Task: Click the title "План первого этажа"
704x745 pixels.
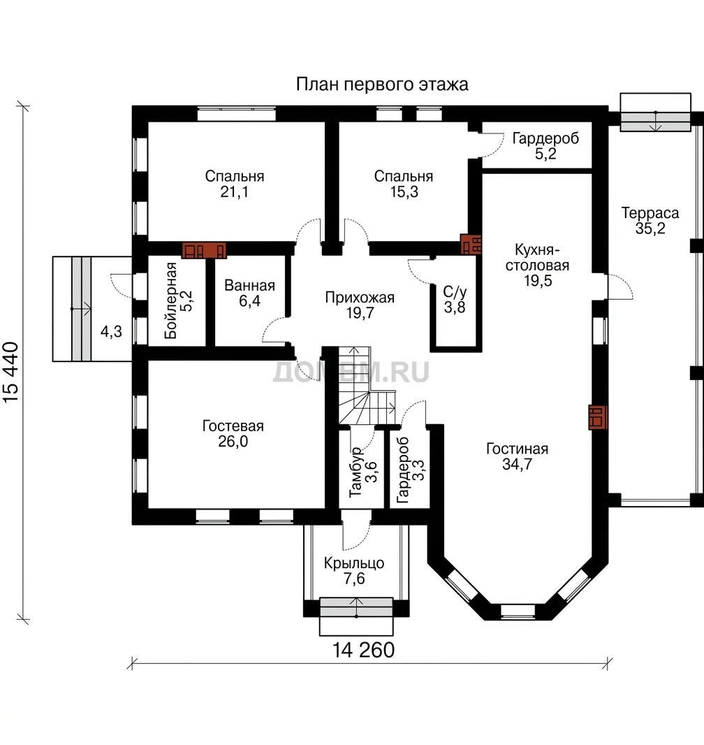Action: pyautogui.click(x=382, y=85)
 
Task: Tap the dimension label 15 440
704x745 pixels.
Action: pyautogui.click(x=11, y=372)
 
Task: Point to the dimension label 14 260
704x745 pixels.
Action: pyautogui.click(x=363, y=650)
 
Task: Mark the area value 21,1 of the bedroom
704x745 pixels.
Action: pyautogui.click(x=235, y=192)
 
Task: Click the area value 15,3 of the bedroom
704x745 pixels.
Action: pyautogui.click(x=404, y=192)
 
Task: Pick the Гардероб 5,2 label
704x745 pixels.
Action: pyautogui.click(x=545, y=146)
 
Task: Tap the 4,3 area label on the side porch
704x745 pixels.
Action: pyautogui.click(x=111, y=332)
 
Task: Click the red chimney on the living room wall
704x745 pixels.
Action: pyautogui.click(x=598, y=417)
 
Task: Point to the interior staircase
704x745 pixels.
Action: pyautogui.click(x=367, y=385)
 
